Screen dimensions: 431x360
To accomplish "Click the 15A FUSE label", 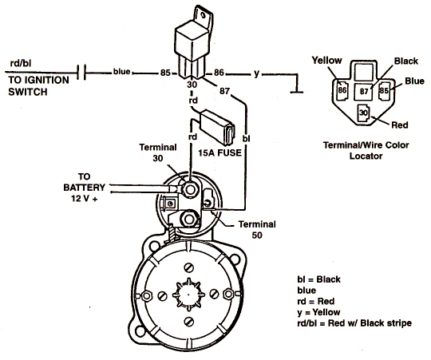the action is tap(219, 152).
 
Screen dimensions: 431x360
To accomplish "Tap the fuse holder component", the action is tap(217, 128).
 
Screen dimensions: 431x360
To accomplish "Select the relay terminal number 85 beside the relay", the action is tap(165, 73).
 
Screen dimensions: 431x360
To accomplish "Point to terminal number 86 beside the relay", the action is tap(219, 73).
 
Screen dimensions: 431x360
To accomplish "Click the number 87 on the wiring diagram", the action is tap(224, 91).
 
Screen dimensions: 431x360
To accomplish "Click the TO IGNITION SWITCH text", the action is tap(38, 85).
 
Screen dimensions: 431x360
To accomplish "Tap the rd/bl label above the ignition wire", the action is tap(21, 64).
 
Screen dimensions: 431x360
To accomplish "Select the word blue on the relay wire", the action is tap(122, 72).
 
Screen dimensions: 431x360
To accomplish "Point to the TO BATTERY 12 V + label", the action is tap(84, 188).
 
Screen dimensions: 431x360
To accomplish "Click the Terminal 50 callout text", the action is tap(257, 230).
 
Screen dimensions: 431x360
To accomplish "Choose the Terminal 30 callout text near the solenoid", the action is tap(158, 152).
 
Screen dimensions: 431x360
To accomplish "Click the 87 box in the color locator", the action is tap(363, 91).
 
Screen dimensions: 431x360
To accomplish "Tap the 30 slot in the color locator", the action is tap(363, 113).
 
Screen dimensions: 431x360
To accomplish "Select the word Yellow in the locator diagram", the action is tap(326, 60).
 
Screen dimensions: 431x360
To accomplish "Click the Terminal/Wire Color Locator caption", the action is tap(366, 151).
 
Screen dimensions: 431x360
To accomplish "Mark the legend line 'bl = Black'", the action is tap(318, 279).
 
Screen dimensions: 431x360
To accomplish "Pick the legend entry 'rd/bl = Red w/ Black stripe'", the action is tap(354, 323).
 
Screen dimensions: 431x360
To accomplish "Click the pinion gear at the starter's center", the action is tap(188, 295).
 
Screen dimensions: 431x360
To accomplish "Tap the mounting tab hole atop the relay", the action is tap(204, 14).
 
